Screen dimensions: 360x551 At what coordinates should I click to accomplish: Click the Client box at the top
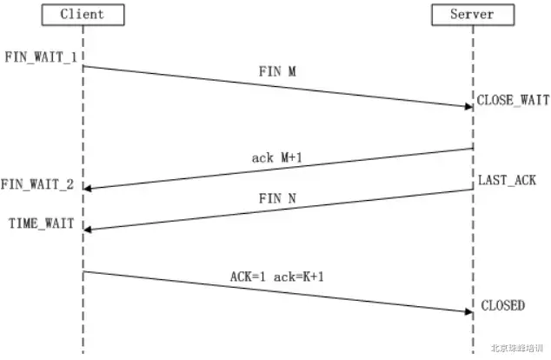click(x=83, y=15)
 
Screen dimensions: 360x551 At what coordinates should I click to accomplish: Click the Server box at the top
click(x=472, y=15)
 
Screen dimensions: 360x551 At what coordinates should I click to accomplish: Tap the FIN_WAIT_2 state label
click(x=37, y=184)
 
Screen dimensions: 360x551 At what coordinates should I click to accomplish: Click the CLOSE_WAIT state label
click(x=513, y=100)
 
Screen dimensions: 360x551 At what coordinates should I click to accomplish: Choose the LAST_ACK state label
click(x=507, y=180)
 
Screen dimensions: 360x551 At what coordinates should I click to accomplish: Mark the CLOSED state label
click(x=502, y=305)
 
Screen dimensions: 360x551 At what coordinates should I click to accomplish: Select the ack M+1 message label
click(x=277, y=157)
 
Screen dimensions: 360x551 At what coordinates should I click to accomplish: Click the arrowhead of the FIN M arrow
click(x=468, y=106)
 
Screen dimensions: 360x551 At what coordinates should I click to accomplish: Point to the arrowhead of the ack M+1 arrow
click(x=89, y=188)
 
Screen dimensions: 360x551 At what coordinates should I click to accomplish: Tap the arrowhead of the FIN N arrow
click(x=89, y=229)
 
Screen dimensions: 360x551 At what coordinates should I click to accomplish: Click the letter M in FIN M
click(x=291, y=74)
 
